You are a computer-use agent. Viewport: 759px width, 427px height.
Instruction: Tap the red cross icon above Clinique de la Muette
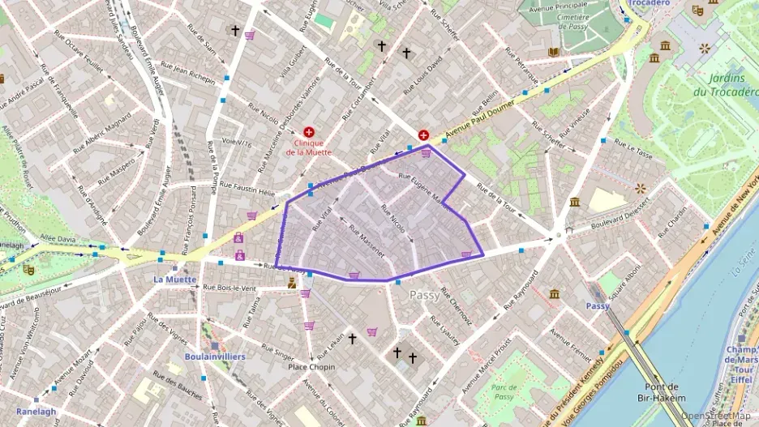pyautogui.click(x=309, y=131)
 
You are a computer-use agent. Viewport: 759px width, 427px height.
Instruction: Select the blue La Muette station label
pyautogui.click(x=175, y=280)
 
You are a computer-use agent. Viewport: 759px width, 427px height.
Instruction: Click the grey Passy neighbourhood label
pyautogui.click(x=425, y=295)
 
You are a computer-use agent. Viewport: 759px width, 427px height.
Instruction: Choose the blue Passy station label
pyautogui.click(x=598, y=305)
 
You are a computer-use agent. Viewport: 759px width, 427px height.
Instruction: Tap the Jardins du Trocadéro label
pyautogui.click(x=726, y=85)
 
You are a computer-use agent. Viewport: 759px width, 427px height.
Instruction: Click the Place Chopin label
pyautogui.click(x=311, y=367)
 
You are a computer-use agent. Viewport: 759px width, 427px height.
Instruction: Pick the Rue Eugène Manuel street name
pyautogui.click(x=424, y=186)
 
